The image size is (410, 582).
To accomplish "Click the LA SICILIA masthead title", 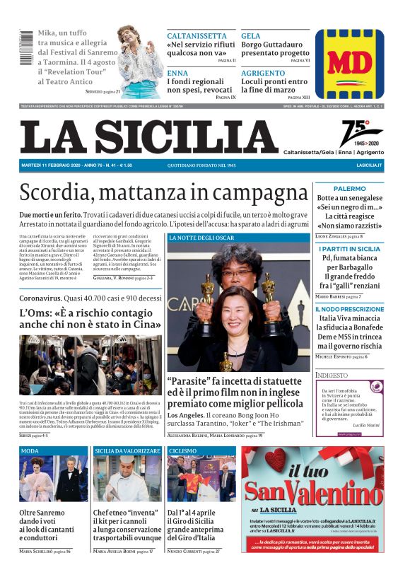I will tap(149, 136).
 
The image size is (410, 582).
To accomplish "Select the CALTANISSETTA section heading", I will tap(196, 35).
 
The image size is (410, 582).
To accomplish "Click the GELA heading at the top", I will tap(250, 35).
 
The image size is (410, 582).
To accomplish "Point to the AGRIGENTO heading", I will tap(263, 73).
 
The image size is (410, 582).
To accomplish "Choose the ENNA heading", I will tap(177, 73).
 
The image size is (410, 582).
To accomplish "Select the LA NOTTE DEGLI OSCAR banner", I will tap(201, 238).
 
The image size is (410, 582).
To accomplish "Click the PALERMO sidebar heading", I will tap(349, 189).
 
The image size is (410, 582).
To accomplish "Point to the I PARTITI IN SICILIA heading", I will tap(349, 249).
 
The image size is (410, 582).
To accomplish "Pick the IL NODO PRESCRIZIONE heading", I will tap(349, 308).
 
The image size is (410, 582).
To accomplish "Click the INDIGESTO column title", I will tap(332, 375).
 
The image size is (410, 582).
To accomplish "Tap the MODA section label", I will tap(30, 450).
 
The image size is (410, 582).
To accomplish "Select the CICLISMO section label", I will tap(183, 450).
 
